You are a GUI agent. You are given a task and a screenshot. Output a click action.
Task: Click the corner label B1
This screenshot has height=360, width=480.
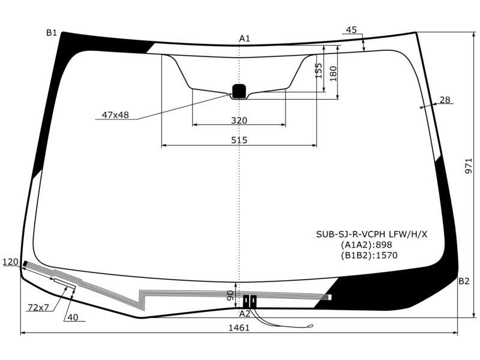pyautogui.click(x=52, y=33)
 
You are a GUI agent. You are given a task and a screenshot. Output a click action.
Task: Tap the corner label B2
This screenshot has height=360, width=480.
pyautogui.click(x=464, y=281)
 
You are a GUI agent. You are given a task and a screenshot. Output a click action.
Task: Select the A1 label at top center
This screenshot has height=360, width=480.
pyautogui.click(x=244, y=38)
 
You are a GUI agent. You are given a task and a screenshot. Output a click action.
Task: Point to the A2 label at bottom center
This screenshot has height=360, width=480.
pyautogui.click(x=245, y=314)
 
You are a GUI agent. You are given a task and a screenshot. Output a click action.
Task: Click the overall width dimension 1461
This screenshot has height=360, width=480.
pyautogui.click(x=239, y=328)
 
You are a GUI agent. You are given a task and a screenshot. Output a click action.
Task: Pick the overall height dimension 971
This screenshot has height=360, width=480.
pyautogui.click(x=469, y=166)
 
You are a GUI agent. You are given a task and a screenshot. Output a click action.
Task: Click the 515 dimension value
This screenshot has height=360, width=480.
pyautogui.click(x=239, y=140)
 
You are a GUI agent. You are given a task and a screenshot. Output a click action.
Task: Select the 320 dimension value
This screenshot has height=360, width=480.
pyautogui.click(x=239, y=121)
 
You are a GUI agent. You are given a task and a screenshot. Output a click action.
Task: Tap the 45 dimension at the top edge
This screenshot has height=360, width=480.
pyautogui.click(x=351, y=30)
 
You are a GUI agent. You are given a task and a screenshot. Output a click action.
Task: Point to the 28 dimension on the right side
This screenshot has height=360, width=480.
pyautogui.click(x=445, y=100)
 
